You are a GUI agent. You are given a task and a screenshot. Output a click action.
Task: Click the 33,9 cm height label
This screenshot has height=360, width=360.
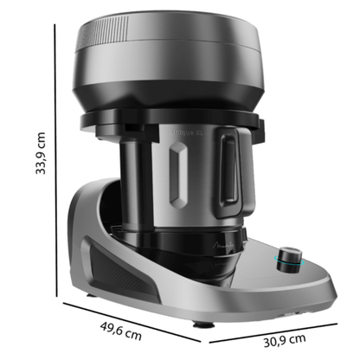38,151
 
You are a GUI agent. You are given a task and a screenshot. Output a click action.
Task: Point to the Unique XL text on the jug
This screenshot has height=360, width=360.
192,127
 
